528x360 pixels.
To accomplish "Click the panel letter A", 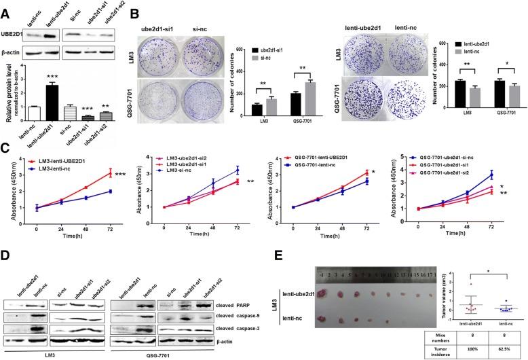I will click(x=7, y=7).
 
